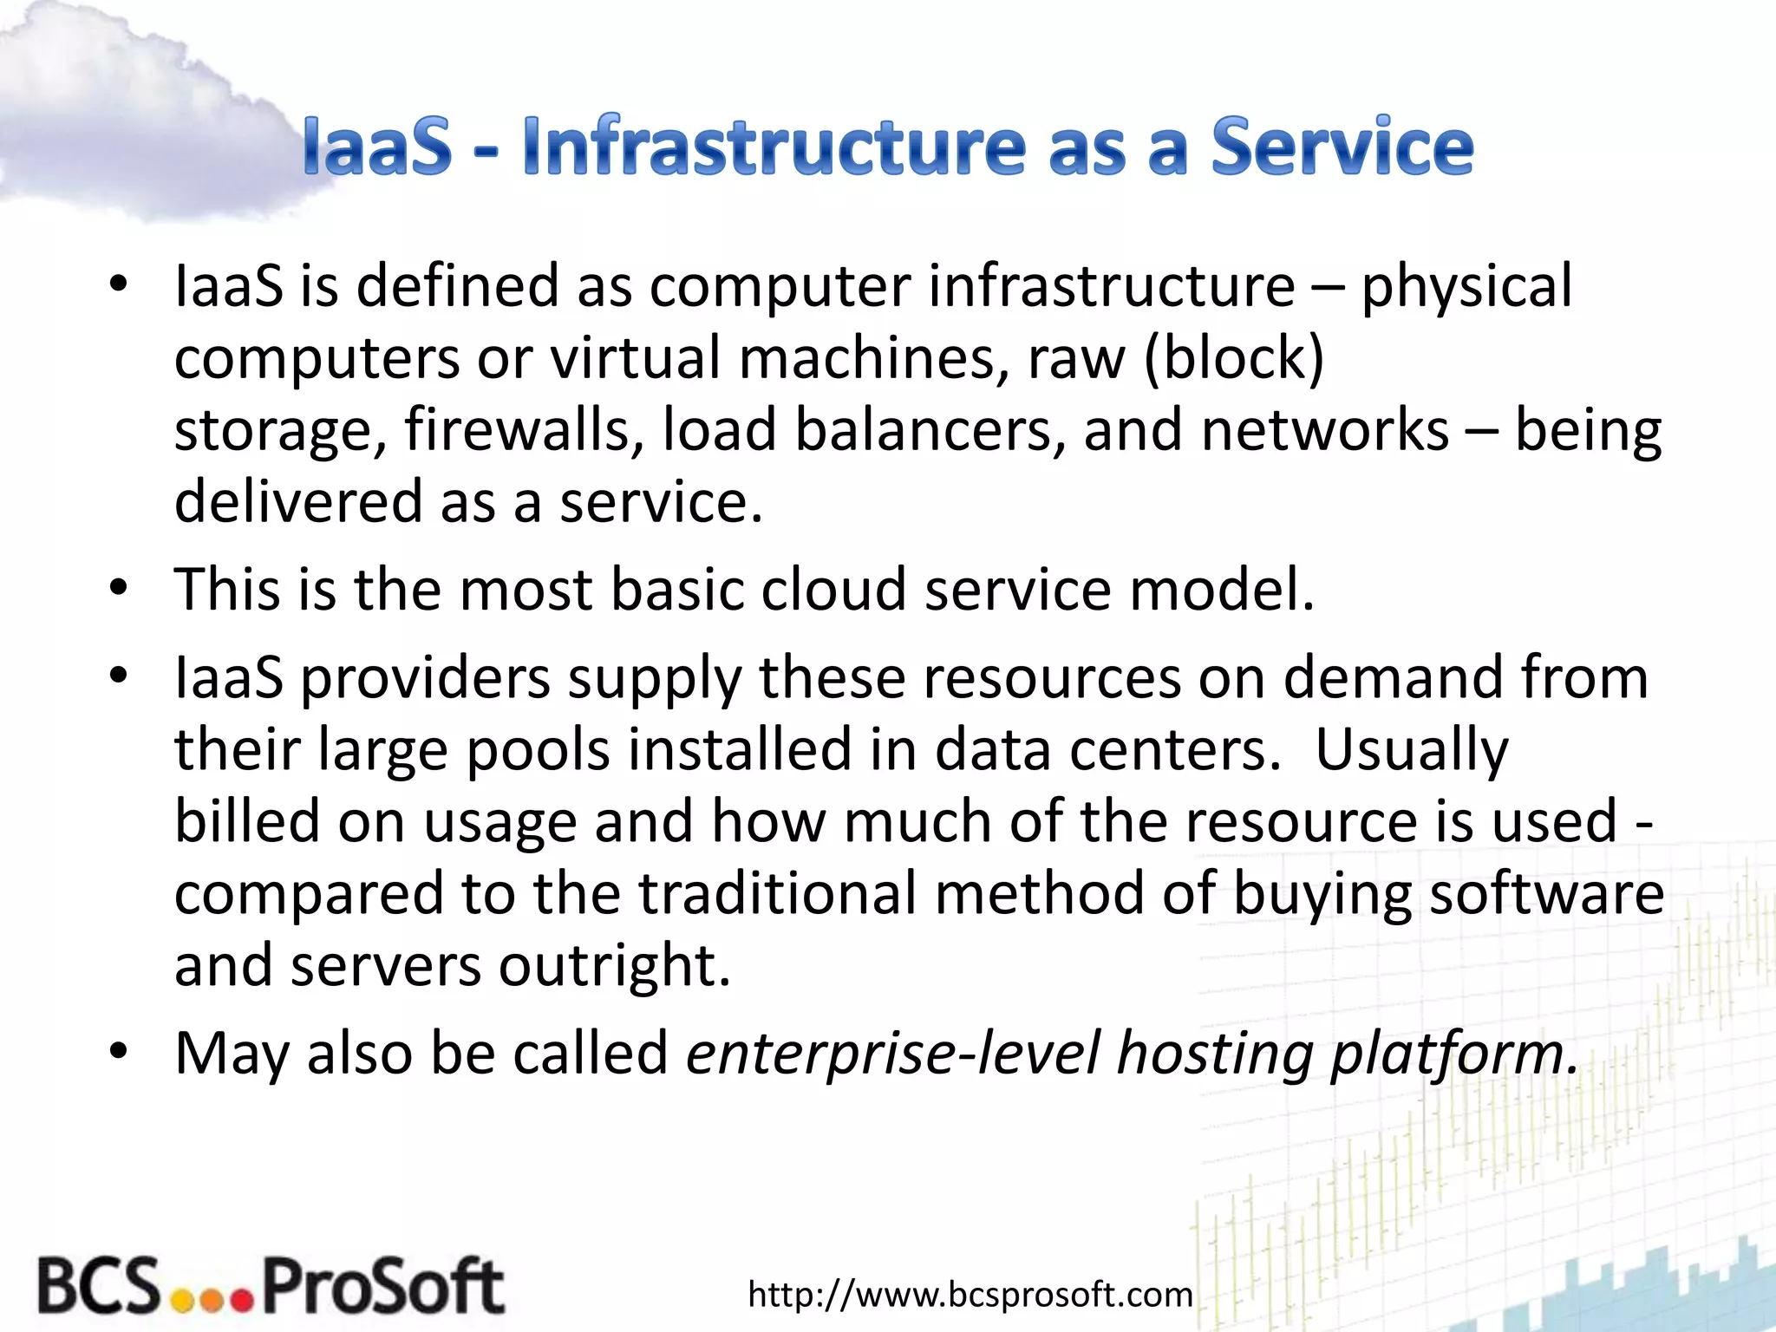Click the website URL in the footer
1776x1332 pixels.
[x=970, y=1295]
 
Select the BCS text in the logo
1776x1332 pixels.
[x=99, y=1286]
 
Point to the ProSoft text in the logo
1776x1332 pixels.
[x=382, y=1286]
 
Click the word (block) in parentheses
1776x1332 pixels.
[x=1233, y=358]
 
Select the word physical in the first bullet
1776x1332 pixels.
[x=1466, y=286]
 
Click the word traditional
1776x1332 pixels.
[x=777, y=893]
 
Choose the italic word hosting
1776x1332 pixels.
[x=1214, y=1054]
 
